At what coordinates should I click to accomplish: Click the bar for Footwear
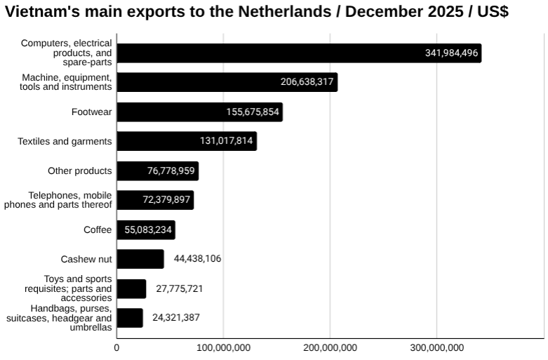coord(199,112)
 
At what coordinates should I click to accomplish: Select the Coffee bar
coord(146,230)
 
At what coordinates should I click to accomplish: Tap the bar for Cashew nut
coord(140,259)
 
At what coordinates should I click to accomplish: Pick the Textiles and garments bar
coord(187,141)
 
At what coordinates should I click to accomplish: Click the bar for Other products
coord(157,171)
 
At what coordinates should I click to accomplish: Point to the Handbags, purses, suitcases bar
coord(130,318)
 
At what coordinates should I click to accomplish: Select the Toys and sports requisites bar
coord(131,288)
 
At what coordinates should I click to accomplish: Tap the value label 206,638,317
coord(307,83)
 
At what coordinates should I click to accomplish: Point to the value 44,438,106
coord(197,259)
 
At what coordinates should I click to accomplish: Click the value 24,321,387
coord(176,318)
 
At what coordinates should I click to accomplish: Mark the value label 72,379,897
coord(166,201)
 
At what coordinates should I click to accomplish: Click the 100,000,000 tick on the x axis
coord(223,347)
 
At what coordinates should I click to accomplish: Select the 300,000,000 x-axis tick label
coord(436,347)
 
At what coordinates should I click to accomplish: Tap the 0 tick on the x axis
coord(116,347)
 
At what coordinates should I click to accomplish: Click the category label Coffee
coord(98,229)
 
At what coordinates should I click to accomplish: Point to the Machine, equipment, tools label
coord(66,82)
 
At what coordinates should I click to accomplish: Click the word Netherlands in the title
coord(262,12)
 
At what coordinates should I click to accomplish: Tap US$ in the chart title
coord(493,12)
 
